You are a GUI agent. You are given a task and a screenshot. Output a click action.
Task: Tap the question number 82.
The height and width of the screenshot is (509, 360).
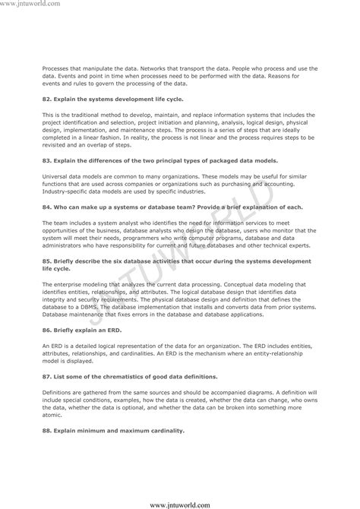click(x=46, y=99)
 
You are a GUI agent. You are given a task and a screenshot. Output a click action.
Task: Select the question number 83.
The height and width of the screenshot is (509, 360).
click(x=46, y=161)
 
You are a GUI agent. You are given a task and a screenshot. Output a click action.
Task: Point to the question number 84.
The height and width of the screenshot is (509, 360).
click(x=46, y=207)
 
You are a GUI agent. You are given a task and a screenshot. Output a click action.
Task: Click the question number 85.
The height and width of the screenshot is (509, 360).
click(x=46, y=260)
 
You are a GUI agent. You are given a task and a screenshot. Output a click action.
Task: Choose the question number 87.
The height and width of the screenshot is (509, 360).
click(x=46, y=377)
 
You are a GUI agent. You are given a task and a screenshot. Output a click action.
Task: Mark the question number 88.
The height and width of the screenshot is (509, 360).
click(x=46, y=430)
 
